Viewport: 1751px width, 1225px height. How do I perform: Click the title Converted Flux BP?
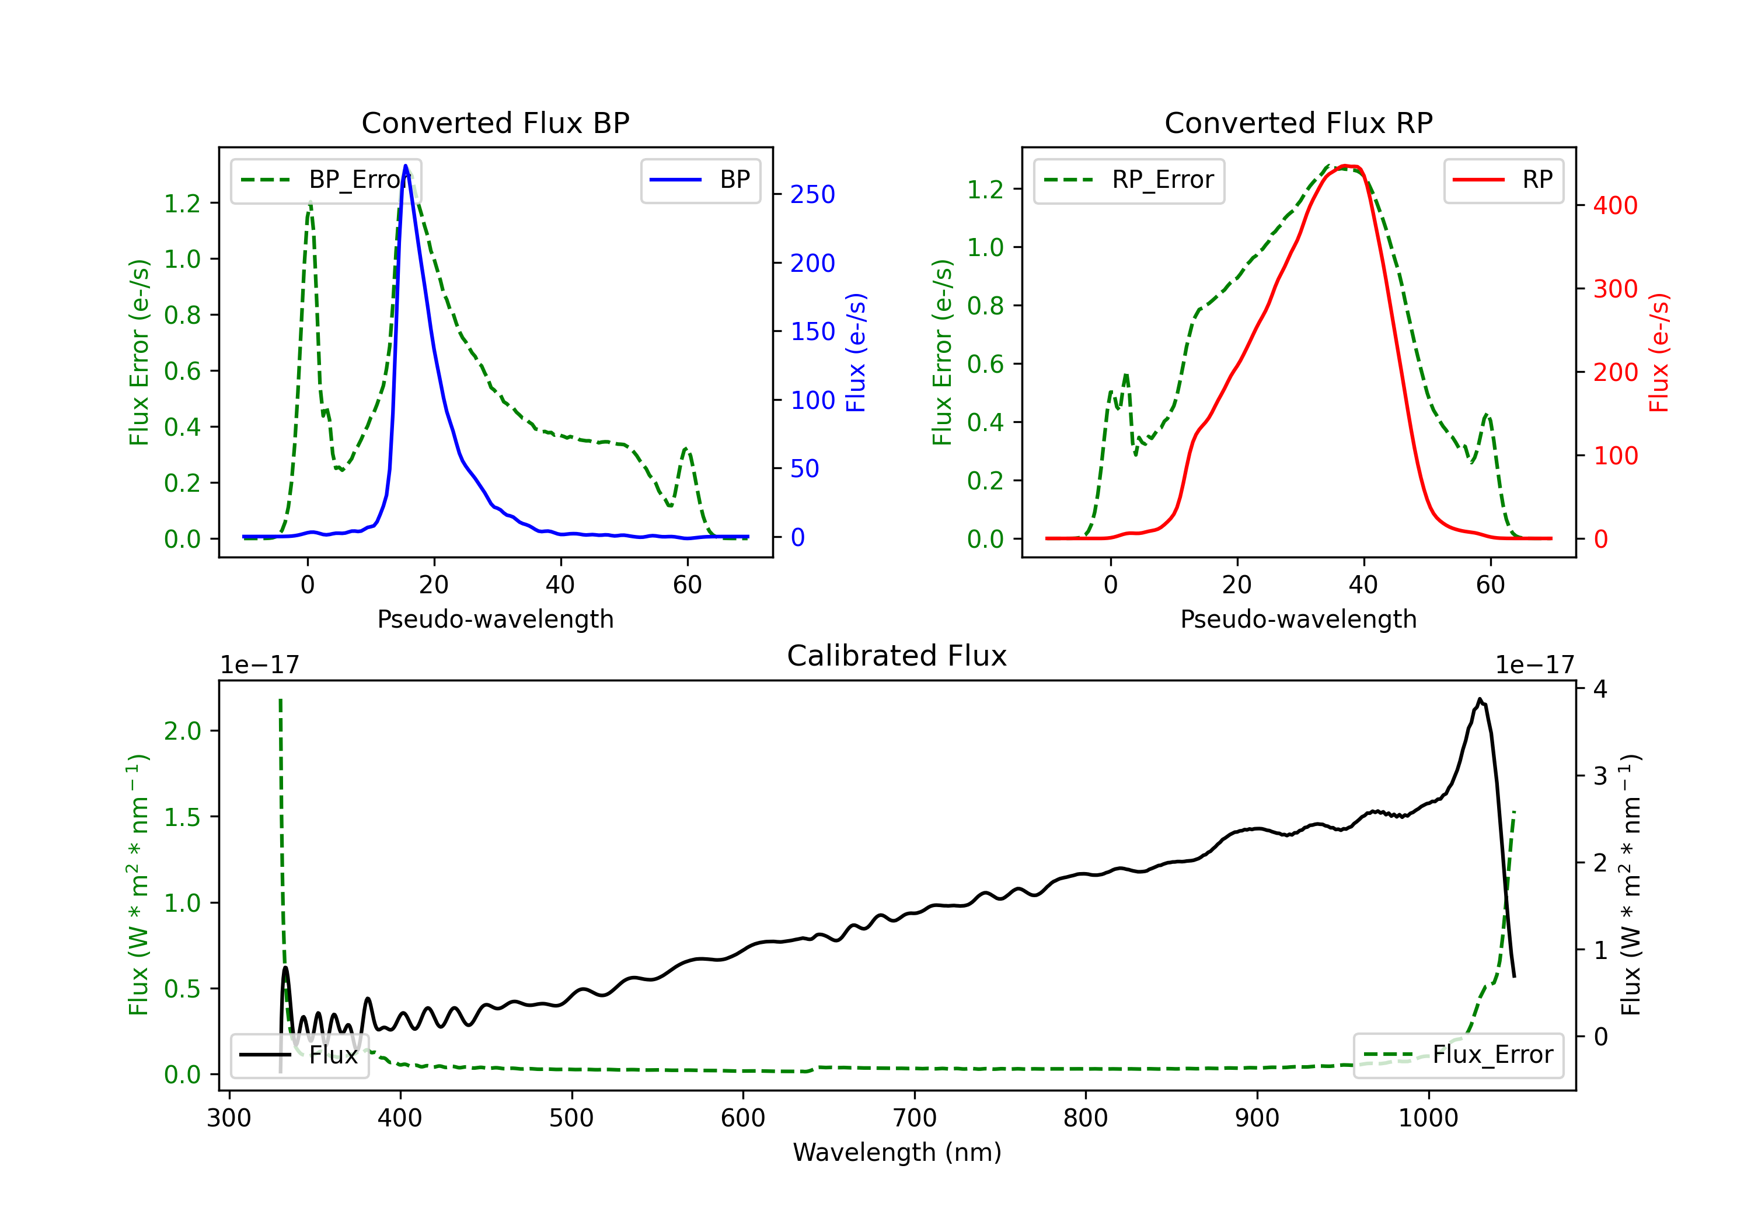pos(495,123)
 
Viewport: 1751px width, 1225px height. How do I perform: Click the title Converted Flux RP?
pos(1298,123)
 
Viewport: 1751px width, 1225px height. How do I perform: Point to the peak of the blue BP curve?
pos(406,166)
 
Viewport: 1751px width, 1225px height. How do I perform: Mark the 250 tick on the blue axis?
pos(812,194)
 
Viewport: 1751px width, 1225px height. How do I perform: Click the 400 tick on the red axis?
pos(1615,205)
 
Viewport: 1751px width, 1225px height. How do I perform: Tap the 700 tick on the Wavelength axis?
pos(915,1118)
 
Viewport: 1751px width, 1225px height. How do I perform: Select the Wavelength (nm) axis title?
pos(897,1152)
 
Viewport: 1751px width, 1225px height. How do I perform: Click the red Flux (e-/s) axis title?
pos(1659,352)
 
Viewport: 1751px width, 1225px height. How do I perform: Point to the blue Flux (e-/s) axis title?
pos(856,352)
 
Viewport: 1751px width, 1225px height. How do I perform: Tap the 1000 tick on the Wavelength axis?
pos(1428,1118)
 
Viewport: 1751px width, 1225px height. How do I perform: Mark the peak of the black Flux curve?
pos(1480,699)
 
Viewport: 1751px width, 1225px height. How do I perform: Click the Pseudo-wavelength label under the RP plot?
pos(1298,619)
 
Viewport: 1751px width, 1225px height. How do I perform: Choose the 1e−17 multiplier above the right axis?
pos(1534,665)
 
